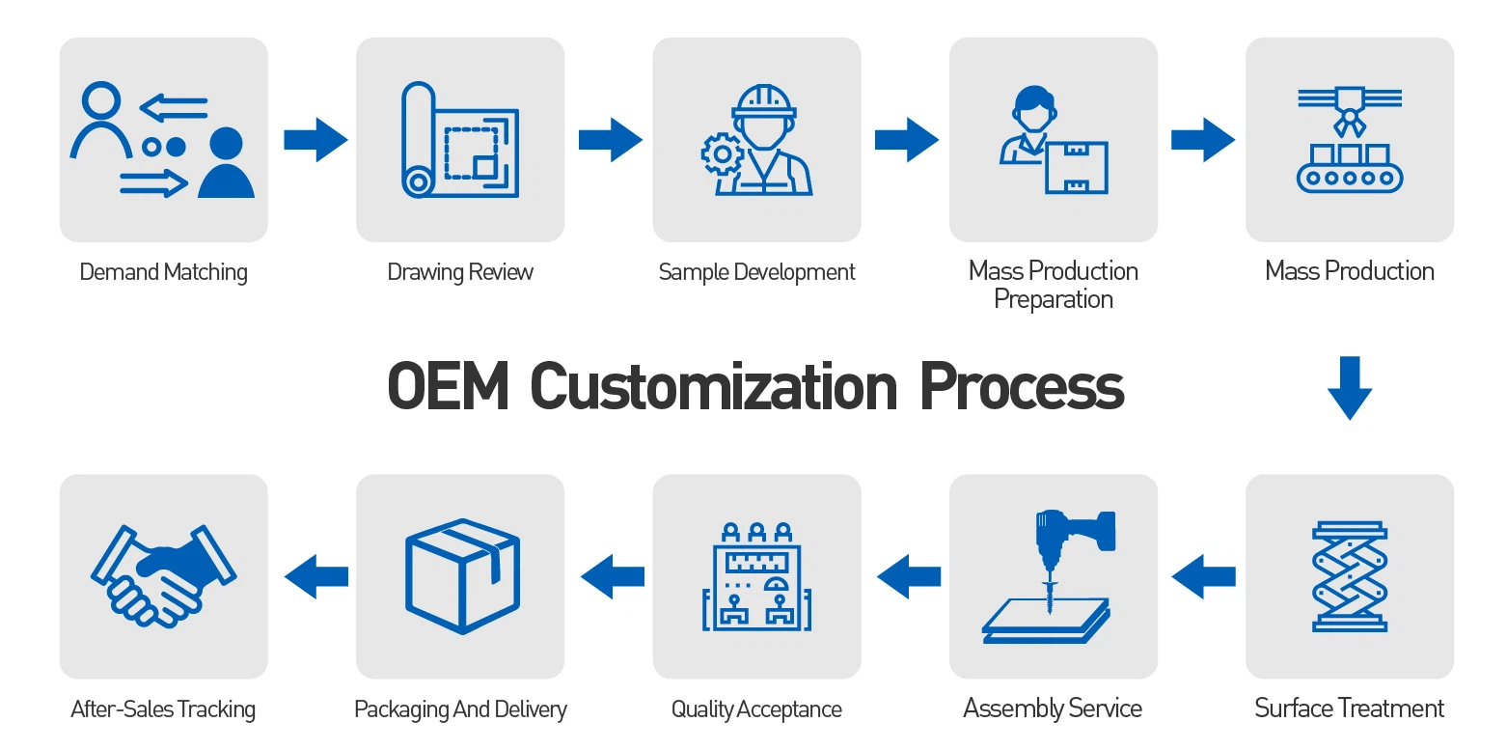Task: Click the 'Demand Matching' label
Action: [163, 272]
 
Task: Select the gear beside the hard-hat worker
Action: [721, 153]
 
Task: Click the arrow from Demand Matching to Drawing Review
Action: [315, 140]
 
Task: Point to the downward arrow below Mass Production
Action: [1349, 387]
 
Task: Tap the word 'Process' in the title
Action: [1022, 387]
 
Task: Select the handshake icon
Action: [163, 576]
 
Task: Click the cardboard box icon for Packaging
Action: [461, 576]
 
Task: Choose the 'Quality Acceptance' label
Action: [756, 710]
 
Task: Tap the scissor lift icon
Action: [1350, 576]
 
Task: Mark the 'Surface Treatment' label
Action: [1349, 708]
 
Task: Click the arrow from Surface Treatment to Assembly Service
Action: [1203, 576]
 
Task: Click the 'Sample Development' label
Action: [756, 272]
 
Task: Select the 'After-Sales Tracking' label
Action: [163, 710]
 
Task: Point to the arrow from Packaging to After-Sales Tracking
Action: [315, 576]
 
